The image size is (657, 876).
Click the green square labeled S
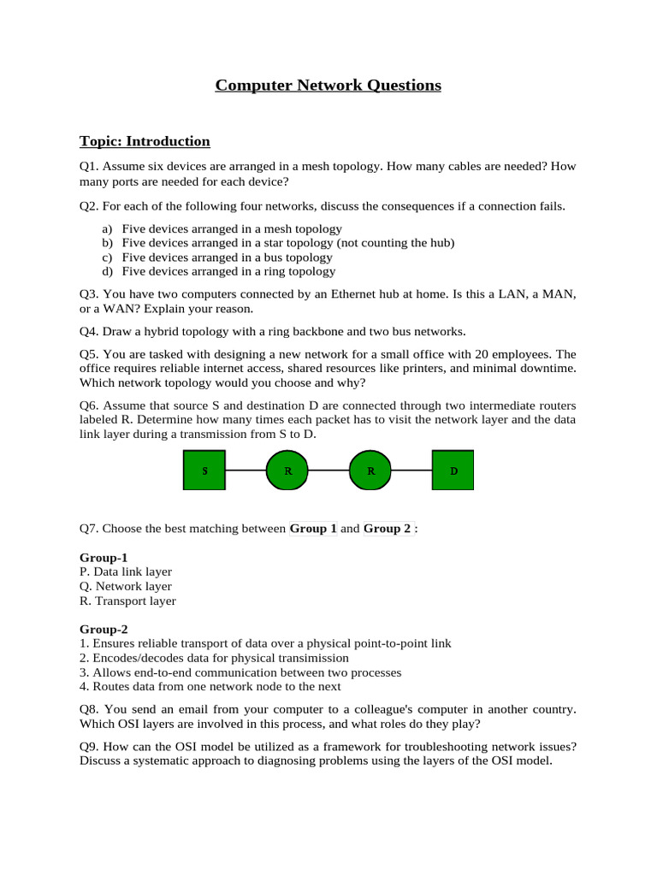coord(205,471)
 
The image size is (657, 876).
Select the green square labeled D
coord(453,471)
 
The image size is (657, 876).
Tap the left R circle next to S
coord(287,471)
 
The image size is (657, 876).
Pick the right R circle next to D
coord(370,471)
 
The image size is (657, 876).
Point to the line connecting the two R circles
coord(329,471)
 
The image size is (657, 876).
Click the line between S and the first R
coord(246,471)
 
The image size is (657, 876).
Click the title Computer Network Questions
coord(328,86)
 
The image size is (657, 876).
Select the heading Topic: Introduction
coord(145,141)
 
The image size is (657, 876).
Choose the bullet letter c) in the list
coord(107,257)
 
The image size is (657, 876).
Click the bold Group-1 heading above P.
coord(104,558)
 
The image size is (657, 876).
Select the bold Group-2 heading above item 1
coord(104,629)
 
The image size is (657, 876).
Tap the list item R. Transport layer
coord(127,601)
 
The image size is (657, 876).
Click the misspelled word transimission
coord(311,659)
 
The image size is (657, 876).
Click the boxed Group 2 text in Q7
coord(388,529)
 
